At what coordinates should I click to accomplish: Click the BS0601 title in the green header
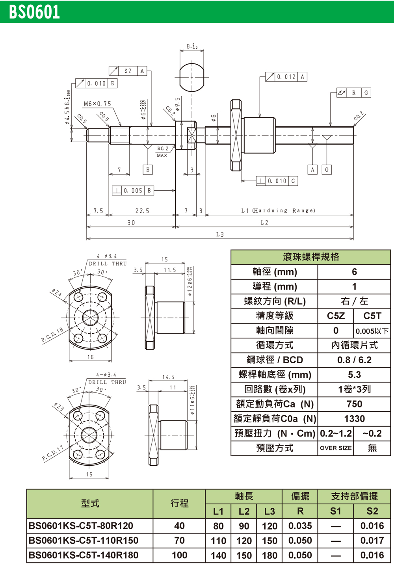35,12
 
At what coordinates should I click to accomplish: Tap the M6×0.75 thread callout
97,104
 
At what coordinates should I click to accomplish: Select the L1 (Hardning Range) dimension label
278,211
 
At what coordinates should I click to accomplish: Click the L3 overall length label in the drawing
220,234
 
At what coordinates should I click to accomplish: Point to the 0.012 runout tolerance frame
286,77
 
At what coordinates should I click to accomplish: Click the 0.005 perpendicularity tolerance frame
133,191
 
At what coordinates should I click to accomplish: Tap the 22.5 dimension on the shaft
142,211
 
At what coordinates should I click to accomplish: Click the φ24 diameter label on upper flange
57,294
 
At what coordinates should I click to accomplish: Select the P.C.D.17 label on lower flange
52,453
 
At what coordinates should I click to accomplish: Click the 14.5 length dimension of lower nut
168,377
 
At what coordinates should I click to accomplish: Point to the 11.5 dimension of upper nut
170,270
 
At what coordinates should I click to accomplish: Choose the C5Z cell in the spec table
336,316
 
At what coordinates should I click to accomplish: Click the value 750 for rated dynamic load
354,404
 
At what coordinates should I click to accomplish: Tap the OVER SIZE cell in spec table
336,448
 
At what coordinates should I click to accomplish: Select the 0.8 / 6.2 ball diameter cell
354,360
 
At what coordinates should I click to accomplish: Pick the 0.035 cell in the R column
300,526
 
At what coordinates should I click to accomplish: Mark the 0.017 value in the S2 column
372,541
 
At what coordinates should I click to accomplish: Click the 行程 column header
179,504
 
